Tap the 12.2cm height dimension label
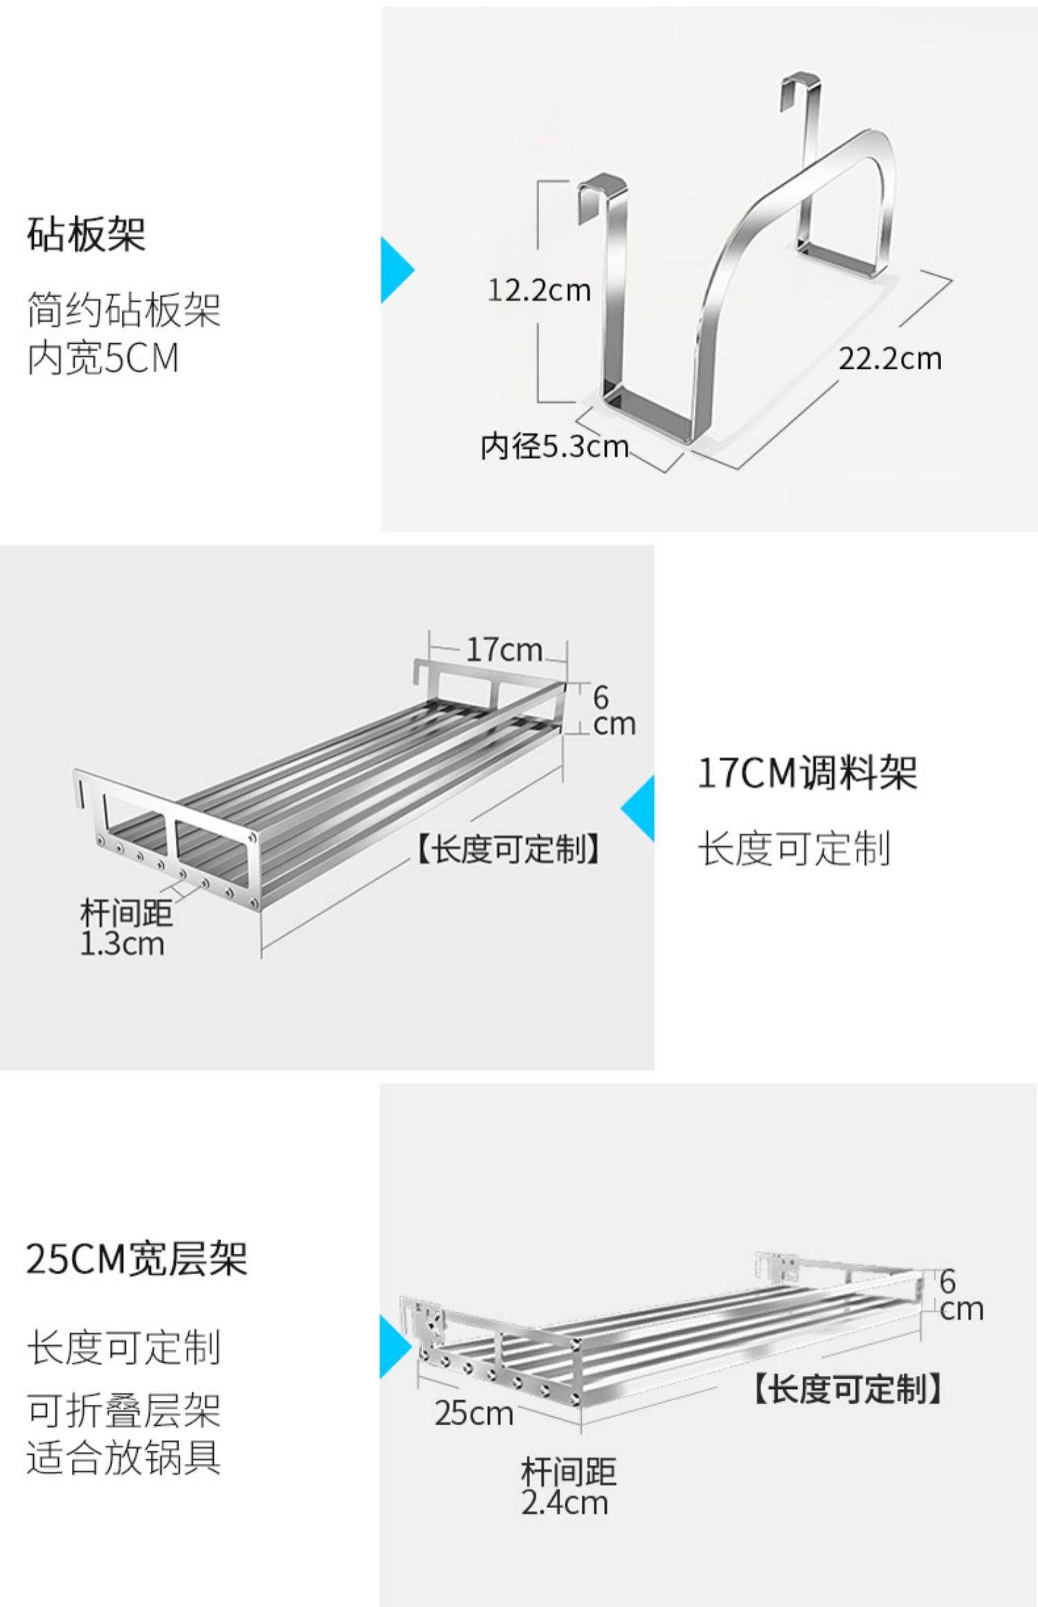tap(539, 289)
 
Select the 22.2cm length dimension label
tap(890, 358)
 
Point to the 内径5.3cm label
tap(554, 446)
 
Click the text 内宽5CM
tap(103, 358)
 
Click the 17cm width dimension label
tap(503, 649)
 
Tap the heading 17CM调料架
tap(807, 773)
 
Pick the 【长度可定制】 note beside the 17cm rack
tap(508, 848)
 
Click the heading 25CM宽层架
tap(136, 1259)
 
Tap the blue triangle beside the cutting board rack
tap(396, 269)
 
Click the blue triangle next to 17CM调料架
tap(639, 808)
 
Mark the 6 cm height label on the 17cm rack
tap(612, 711)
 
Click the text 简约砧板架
tap(124, 309)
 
